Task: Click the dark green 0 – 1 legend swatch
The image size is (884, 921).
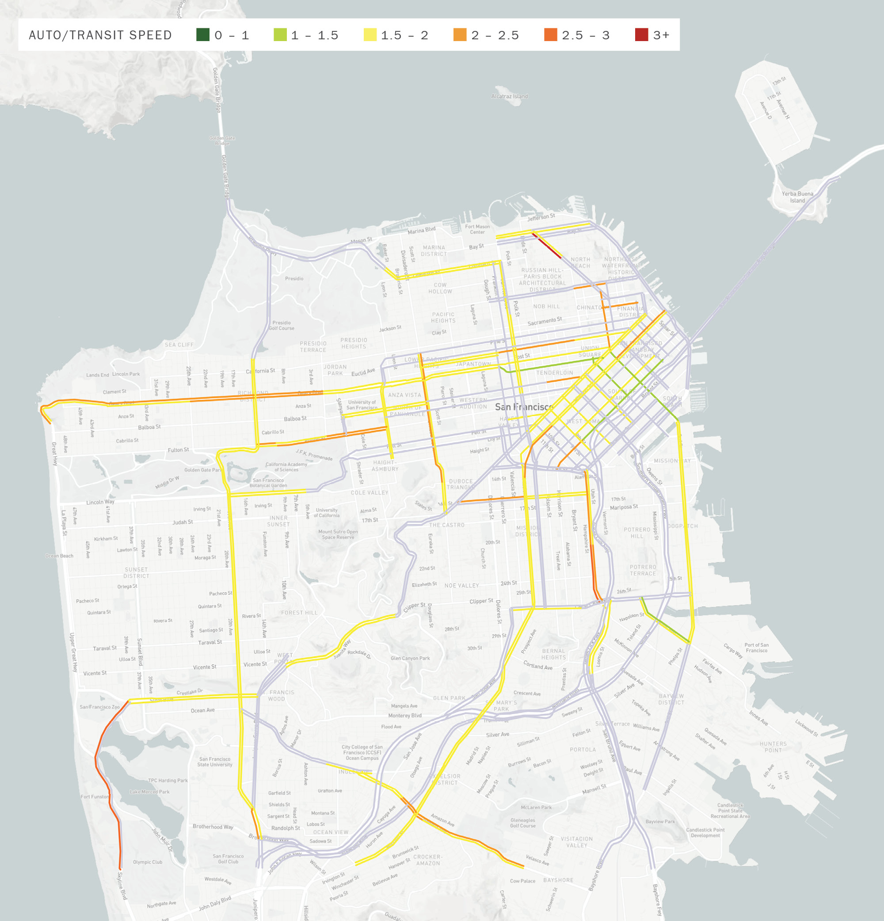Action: (203, 35)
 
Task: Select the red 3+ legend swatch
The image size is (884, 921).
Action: (641, 35)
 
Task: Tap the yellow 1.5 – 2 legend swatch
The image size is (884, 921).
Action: (370, 35)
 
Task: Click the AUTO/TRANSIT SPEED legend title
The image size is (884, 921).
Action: (100, 35)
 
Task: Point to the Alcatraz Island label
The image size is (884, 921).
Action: (509, 96)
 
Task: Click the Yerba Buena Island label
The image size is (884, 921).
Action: (797, 197)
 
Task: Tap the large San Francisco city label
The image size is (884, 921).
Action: (523, 406)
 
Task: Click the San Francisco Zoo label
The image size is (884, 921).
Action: (99, 707)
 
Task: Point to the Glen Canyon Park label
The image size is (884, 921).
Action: (410, 658)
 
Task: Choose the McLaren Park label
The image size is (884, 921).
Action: (536, 807)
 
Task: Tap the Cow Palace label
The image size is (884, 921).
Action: (522, 881)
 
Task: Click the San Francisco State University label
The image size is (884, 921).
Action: (214, 762)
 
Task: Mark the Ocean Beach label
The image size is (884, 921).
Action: (59, 556)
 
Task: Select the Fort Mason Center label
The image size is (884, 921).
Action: (477, 229)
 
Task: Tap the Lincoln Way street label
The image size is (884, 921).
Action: (100, 502)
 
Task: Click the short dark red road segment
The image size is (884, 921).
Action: (546, 245)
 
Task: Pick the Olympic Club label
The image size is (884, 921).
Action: (147, 862)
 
